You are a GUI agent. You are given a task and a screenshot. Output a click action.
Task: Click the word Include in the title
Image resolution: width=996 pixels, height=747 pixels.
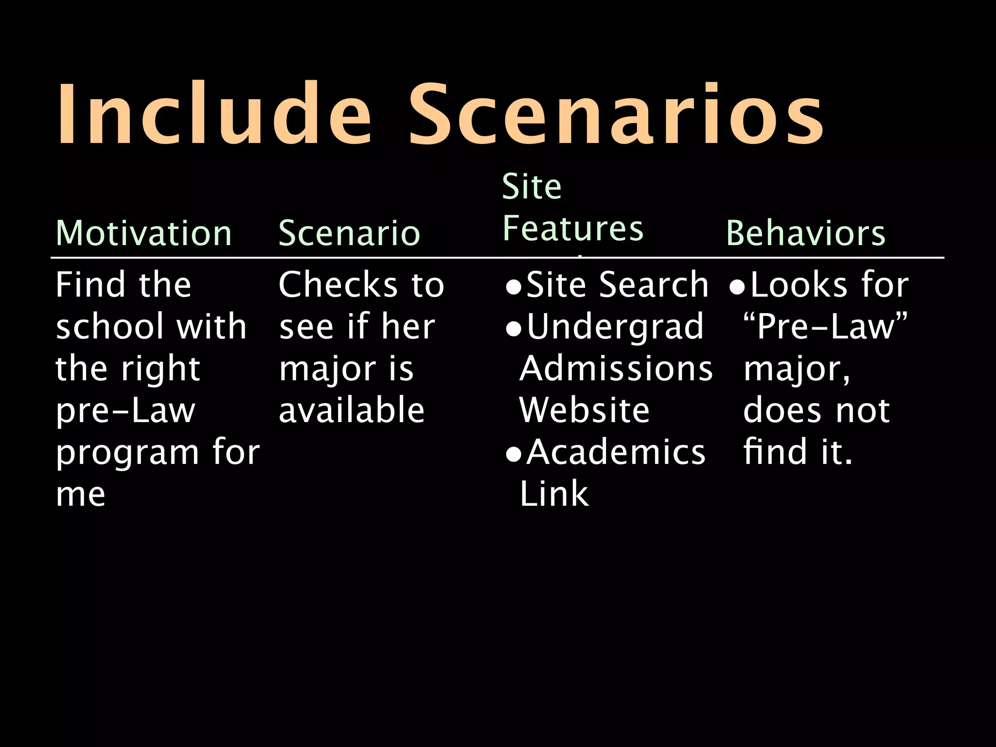[214, 115]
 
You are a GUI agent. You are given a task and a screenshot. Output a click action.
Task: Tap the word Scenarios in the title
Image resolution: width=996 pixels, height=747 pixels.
[616, 115]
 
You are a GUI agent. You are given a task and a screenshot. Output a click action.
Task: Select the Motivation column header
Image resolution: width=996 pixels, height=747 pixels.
[144, 233]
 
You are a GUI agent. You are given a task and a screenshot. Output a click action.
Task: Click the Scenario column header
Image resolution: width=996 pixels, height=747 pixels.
[349, 233]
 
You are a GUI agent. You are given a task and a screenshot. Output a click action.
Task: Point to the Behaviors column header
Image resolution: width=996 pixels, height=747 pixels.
[805, 233]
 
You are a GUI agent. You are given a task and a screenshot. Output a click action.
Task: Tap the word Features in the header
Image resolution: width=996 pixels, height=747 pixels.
[573, 229]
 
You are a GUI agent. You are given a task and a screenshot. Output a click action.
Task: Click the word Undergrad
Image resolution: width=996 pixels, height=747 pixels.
[615, 326]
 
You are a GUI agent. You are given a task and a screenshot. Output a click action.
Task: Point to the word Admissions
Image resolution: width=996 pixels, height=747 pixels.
[616, 368]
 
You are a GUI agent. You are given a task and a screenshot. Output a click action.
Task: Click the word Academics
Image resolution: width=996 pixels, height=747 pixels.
[616, 452]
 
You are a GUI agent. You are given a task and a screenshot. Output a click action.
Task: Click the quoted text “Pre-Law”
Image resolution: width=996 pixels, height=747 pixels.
[825, 326]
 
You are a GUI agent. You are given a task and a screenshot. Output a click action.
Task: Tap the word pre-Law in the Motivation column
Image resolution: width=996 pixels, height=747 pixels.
[125, 411]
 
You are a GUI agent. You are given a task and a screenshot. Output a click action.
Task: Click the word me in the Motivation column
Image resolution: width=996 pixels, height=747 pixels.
[81, 495]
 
